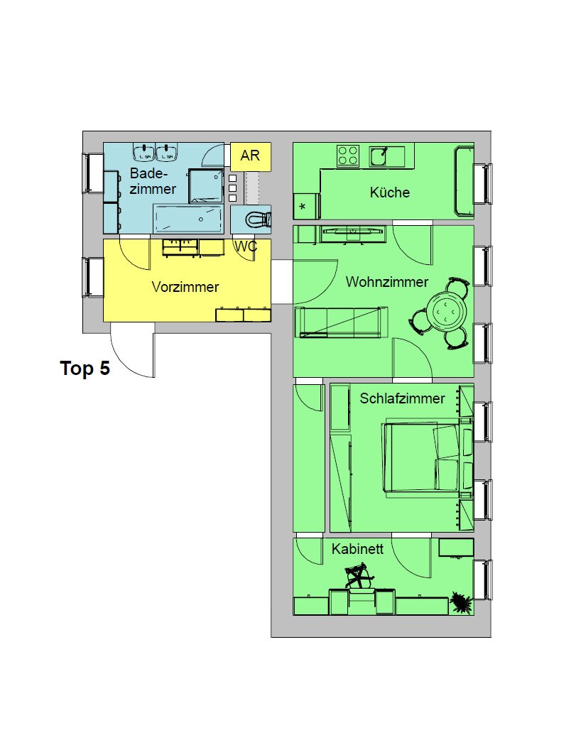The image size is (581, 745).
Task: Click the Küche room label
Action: pyautogui.click(x=389, y=192)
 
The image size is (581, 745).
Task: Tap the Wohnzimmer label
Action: pyautogui.click(x=386, y=282)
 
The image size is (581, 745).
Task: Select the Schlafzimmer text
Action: pyautogui.click(x=402, y=398)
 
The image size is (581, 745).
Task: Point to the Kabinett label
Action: pyautogui.click(x=357, y=549)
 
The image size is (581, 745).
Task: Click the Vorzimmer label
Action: pyautogui.click(x=185, y=286)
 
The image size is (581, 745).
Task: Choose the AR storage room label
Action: pyautogui.click(x=250, y=156)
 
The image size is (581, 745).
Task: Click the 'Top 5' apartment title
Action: pyautogui.click(x=85, y=368)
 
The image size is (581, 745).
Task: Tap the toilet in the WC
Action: pyautogui.click(x=258, y=219)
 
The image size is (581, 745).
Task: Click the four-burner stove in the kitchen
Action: pyautogui.click(x=348, y=156)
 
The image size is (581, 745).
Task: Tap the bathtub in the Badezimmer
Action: pyautogui.click(x=188, y=219)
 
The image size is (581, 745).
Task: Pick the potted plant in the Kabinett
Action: pyautogui.click(x=460, y=602)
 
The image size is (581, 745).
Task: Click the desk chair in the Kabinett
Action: pyautogui.click(x=359, y=576)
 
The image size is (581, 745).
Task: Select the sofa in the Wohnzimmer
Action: pyautogui.click(x=341, y=322)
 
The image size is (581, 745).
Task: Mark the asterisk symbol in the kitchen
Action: pyautogui.click(x=303, y=207)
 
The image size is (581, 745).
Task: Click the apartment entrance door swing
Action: pyautogui.click(x=133, y=350)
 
